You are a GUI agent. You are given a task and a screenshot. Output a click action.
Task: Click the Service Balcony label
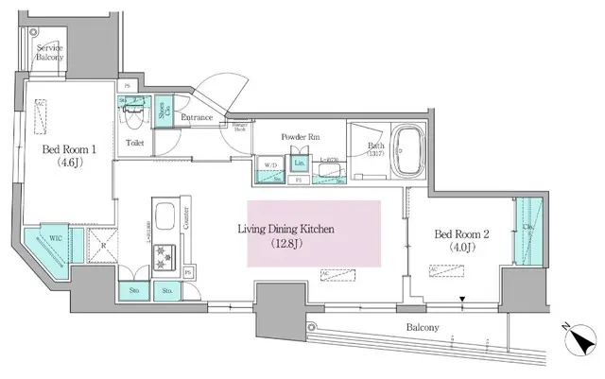click(51, 52)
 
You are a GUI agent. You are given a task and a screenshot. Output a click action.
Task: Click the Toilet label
click(134, 144)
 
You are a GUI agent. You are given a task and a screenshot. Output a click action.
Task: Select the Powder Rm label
click(299, 136)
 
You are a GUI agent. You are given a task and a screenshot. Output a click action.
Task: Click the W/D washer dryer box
click(271, 165)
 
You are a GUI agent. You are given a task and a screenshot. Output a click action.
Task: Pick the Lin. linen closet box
click(300, 163)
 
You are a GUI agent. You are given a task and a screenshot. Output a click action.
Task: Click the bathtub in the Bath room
click(407, 151)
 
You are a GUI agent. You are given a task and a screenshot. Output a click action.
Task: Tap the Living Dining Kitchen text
click(292, 230)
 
